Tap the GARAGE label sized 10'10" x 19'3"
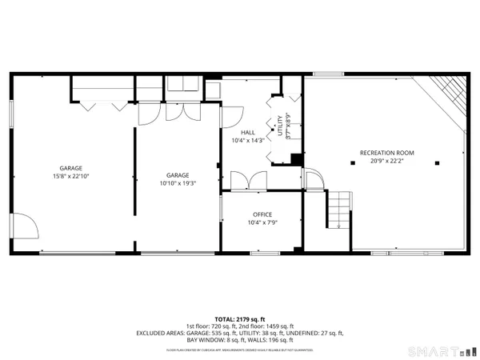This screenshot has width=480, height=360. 178,175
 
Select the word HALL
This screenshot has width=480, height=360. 247,134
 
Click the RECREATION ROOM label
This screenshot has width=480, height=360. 387,151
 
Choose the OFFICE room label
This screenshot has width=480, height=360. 262,214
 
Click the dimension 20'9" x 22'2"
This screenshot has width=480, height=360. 387,160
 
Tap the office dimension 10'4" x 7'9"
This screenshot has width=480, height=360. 262,223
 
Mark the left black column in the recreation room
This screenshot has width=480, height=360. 352,162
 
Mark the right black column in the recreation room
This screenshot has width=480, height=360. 437,162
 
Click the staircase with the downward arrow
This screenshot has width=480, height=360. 341,210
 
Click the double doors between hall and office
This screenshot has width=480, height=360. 246,180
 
